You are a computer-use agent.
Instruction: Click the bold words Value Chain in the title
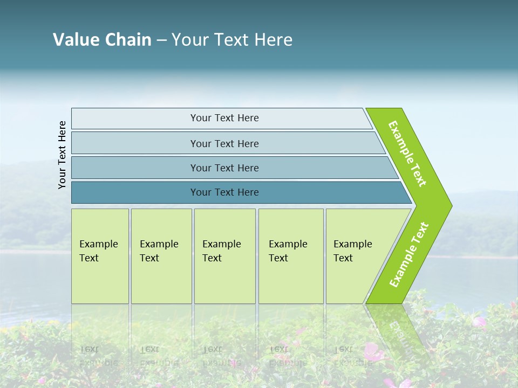[x=102, y=40]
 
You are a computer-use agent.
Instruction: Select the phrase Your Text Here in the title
[x=232, y=40]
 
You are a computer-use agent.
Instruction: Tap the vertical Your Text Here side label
[x=62, y=155]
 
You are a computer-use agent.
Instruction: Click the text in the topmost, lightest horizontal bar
[x=224, y=118]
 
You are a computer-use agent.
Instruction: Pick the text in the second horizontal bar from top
[x=224, y=144]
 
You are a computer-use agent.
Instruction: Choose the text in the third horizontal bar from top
[x=224, y=168]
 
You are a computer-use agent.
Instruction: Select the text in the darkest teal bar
[x=224, y=192]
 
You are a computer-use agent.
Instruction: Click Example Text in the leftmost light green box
[x=98, y=251]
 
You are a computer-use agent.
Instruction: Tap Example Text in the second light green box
[x=159, y=251]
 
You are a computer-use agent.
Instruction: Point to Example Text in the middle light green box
[x=221, y=251]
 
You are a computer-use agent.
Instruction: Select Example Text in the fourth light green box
[x=288, y=251]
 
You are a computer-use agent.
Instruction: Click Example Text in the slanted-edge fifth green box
[x=352, y=251]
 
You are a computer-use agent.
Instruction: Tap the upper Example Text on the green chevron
[x=407, y=154]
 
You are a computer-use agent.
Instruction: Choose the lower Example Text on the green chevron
[x=409, y=255]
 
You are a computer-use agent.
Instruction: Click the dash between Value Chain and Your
[x=161, y=40]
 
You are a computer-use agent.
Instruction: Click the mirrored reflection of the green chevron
[x=394, y=329]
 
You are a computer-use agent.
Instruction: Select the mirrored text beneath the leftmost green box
[x=98, y=356]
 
